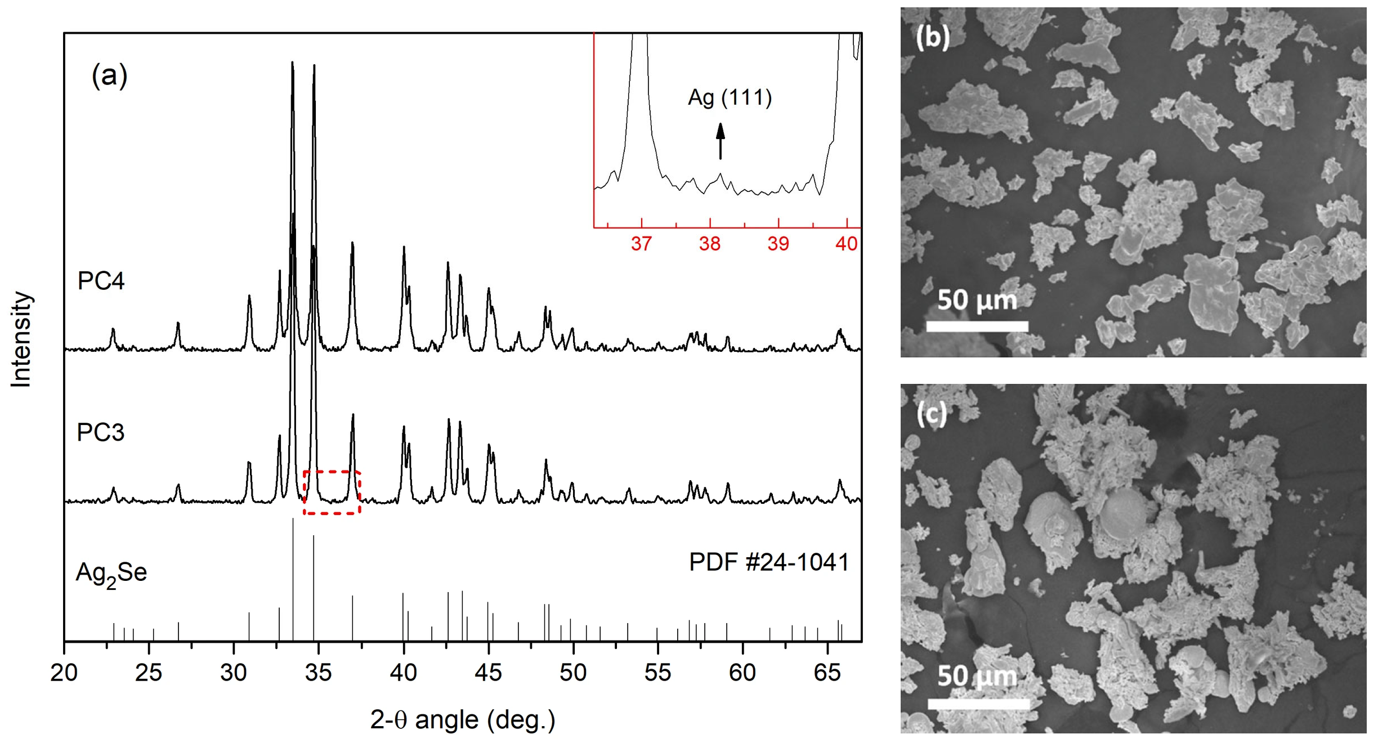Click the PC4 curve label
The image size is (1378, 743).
pos(101,281)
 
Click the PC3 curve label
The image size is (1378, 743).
pos(100,432)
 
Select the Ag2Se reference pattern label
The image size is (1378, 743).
pos(111,574)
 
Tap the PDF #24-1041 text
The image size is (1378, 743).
pos(769,562)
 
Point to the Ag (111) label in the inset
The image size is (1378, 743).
pos(730,98)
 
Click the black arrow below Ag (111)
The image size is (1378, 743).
pos(721,141)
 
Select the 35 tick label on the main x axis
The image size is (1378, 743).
pos(319,673)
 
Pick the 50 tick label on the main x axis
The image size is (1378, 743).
pos(573,673)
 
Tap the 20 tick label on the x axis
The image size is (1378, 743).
pos(64,673)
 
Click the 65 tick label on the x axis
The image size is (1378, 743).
pos(827,673)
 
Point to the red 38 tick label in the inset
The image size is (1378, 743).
pos(710,244)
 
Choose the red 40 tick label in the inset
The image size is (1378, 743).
pos(847,244)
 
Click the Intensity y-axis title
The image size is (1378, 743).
pos(21,339)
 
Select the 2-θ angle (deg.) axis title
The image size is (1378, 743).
pos(463,720)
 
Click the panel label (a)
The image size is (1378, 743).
pos(110,75)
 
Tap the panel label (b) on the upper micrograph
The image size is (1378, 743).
pos(933,37)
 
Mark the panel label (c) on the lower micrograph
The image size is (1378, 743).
pos(932,414)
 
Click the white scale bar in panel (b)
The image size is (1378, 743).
pos(977,326)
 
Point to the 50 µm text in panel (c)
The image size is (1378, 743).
pos(977,676)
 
